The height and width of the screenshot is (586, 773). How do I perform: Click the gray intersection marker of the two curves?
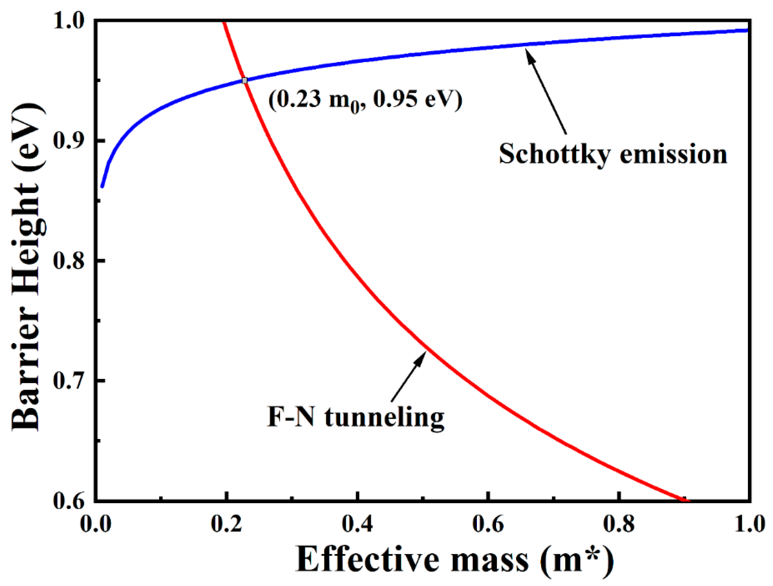tap(245, 81)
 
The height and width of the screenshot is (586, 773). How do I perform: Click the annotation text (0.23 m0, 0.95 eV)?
tap(365, 100)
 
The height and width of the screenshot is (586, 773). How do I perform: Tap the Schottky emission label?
tap(613, 154)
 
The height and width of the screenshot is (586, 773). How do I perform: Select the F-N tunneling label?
tap(355, 418)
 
